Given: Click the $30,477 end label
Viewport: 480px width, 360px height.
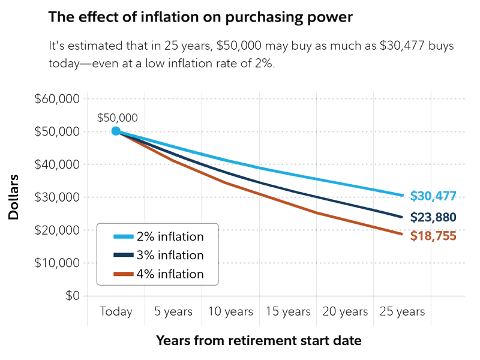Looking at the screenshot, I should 434,196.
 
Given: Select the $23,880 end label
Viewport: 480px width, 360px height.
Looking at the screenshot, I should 434,217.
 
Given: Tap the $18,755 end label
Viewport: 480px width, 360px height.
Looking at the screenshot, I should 434,236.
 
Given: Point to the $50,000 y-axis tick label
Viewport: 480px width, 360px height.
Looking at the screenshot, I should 58,131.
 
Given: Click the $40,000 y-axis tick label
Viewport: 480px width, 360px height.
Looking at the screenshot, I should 58,164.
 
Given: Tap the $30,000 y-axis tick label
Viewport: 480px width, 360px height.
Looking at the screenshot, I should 58,197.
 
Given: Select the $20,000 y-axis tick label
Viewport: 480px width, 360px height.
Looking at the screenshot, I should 58,230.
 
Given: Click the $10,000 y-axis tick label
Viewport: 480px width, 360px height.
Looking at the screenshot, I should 58,263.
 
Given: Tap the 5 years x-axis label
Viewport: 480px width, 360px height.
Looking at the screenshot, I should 173,312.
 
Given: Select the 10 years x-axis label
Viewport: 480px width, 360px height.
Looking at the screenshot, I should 230,312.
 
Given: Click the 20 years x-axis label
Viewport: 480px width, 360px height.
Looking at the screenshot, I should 345,312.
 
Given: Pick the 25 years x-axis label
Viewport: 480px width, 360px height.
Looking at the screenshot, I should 402,312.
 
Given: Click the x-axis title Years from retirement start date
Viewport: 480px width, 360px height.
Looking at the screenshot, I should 259,341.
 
